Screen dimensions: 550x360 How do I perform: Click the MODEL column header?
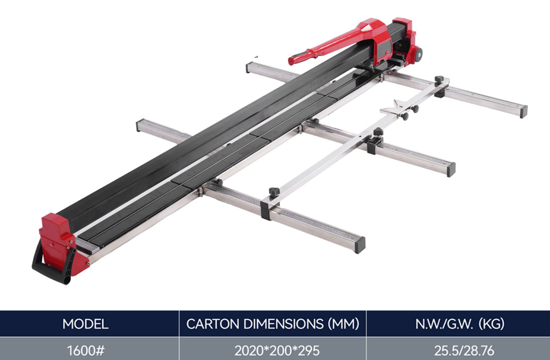(85, 324)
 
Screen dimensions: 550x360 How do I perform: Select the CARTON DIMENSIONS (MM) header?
(273, 324)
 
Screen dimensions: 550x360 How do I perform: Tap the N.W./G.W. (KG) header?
(459, 324)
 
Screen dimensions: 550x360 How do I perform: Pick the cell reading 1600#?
(86, 350)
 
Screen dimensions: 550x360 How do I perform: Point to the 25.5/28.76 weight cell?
(464, 350)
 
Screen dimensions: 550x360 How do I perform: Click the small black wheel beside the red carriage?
(418, 54)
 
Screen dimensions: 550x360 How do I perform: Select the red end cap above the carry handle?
(59, 242)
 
